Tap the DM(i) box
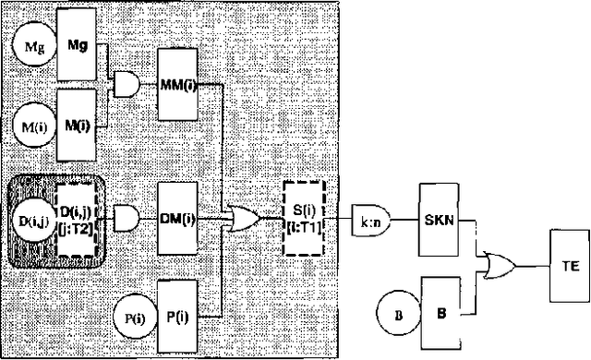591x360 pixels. (x=181, y=219)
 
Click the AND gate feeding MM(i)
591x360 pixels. (x=127, y=84)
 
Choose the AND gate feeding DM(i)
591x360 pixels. (x=127, y=219)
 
